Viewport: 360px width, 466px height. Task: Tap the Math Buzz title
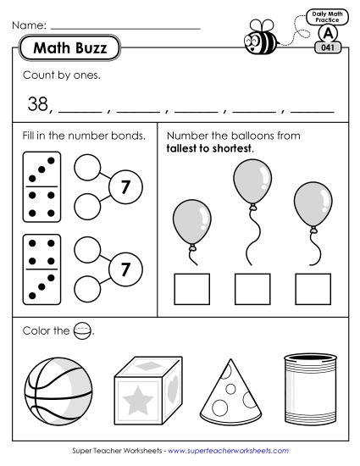69,49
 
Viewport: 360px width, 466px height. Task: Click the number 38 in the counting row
36,104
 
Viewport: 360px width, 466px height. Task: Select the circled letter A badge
326,34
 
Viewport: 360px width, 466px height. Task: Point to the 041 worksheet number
326,49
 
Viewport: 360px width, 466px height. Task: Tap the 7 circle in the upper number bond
125,188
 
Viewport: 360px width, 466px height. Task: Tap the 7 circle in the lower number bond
125,269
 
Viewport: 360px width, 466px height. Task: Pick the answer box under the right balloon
313,288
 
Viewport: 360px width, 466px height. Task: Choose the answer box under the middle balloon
252,288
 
